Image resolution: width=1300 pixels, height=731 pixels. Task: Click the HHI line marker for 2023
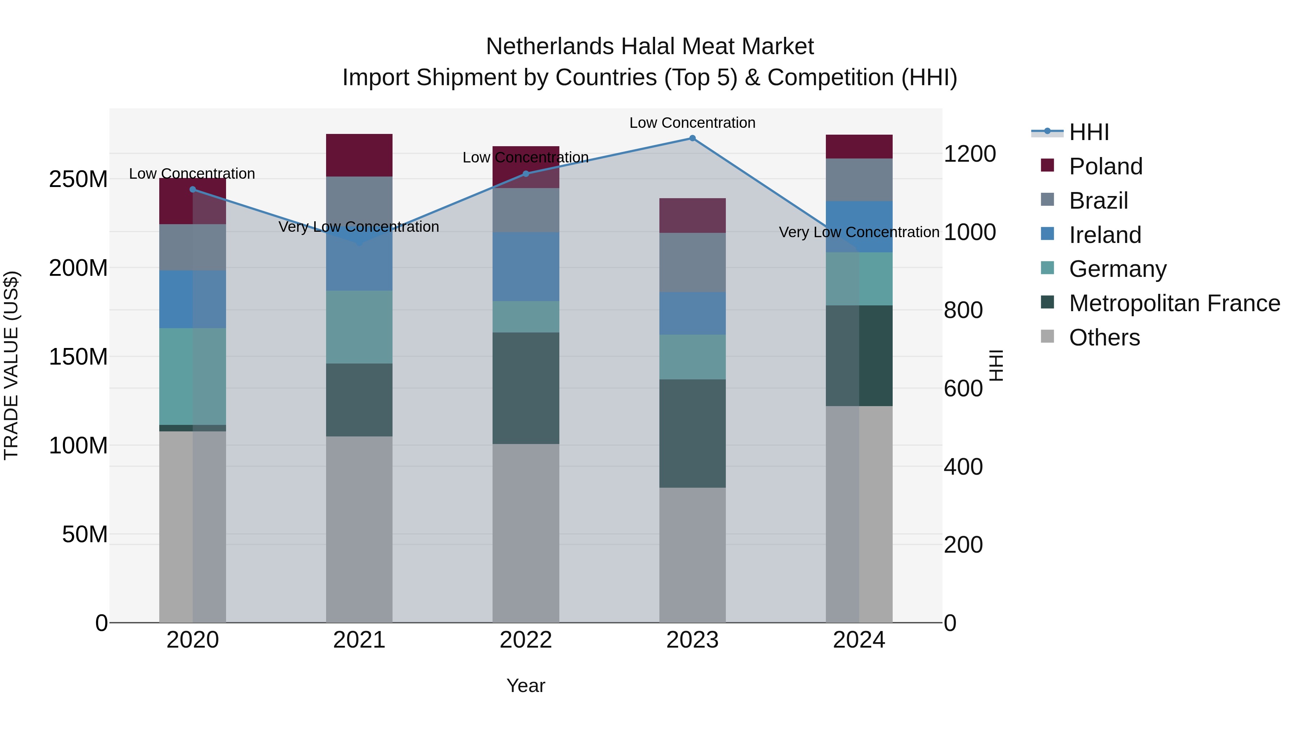point(692,138)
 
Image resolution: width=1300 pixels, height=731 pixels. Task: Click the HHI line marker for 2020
point(193,190)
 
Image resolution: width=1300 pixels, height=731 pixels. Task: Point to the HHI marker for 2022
point(526,174)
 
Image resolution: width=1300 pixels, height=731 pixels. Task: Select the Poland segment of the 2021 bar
point(359,155)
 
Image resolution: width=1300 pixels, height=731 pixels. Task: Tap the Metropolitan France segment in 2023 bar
point(692,433)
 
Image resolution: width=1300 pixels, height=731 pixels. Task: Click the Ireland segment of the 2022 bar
point(526,267)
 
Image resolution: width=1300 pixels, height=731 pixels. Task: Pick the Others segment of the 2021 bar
point(359,529)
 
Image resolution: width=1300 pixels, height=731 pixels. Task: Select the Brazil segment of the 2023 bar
point(692,262)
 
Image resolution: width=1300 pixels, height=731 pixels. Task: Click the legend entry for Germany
point(1117,269)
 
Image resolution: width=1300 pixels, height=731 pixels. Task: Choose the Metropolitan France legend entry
point(1174,303)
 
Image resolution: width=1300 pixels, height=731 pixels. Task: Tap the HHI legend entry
point(1088,132)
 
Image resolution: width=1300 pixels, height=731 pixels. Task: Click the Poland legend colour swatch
point(1047,165)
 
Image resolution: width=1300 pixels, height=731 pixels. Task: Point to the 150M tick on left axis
point(78,357)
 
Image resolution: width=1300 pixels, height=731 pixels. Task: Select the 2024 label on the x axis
point(859,640)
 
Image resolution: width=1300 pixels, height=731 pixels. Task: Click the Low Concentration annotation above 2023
point(692,123)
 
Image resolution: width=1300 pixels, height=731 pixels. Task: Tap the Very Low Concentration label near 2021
point(359,227)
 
